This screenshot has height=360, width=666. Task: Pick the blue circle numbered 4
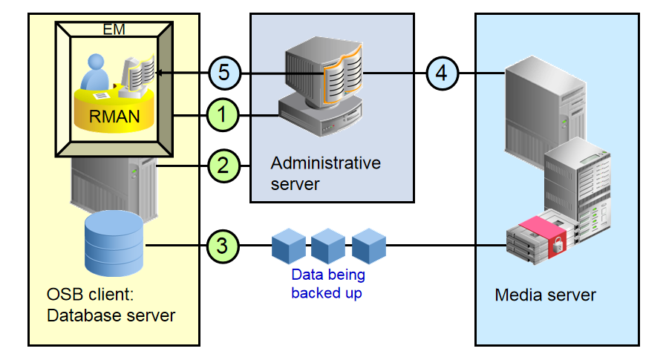click(443, 73)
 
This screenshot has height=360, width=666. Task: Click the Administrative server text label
click(325, 172)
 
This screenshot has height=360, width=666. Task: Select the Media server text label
click(545, 295)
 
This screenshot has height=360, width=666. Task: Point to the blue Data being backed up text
click(327, 283)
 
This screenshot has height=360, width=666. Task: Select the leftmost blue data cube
click(289, 246)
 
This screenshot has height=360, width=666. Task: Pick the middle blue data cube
click(329, 246)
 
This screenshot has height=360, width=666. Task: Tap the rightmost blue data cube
click(369, 246)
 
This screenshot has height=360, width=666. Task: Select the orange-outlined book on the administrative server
click(342, 71)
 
